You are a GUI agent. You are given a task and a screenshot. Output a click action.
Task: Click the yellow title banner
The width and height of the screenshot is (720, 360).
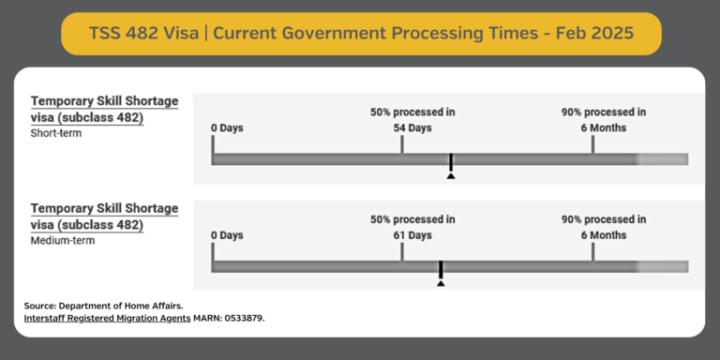[360, 33]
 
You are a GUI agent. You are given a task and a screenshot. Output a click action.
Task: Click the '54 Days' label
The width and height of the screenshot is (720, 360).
[412, 127]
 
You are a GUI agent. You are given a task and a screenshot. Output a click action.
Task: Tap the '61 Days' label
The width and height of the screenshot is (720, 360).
[412, 234]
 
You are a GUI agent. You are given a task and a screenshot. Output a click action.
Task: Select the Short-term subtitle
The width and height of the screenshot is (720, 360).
[56, 133]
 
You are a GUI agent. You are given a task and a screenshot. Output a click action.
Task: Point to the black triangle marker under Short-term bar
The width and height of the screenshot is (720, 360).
[451, 174]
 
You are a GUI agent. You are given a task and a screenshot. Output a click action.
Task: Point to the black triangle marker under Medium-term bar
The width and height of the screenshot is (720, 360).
[441, 282]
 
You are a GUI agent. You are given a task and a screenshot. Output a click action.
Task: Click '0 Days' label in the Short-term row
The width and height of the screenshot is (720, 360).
[228, 127]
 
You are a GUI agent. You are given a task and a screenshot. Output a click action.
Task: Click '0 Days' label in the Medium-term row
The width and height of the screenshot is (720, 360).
[228, 234]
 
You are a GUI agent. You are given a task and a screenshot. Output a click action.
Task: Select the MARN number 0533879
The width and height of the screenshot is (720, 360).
[242, 319]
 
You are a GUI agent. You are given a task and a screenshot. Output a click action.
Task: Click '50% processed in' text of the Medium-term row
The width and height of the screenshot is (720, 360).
[412, 219]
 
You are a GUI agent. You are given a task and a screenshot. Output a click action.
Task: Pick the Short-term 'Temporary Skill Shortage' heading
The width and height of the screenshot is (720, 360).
[104, 101]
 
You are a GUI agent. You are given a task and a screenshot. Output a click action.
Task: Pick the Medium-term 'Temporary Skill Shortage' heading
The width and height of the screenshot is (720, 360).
[104, 208]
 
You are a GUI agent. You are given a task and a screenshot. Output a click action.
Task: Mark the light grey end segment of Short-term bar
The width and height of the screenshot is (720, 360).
[663, 159]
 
